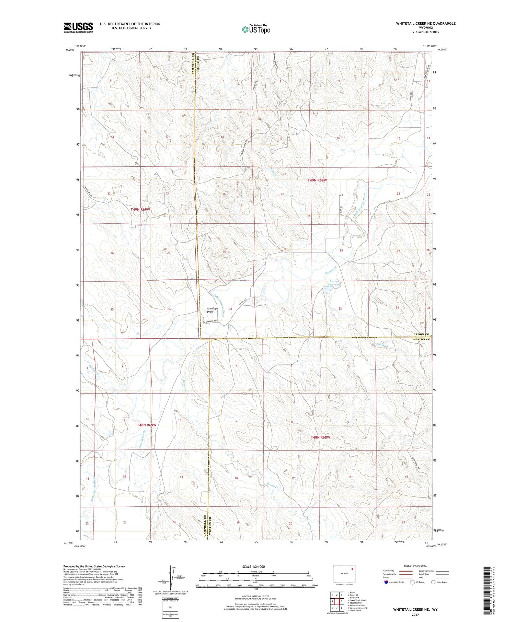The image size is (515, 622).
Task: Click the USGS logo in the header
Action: click(x=78, y=27)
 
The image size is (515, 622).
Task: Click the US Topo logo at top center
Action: click(x=256, y=30)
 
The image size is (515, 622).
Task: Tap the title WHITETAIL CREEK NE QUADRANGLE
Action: click(x=426, y=23)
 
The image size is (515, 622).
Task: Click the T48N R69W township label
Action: click(x=147, y=425)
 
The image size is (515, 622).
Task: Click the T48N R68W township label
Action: click(x=320, y=437)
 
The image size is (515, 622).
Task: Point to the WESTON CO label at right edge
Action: click(x=421, y=339)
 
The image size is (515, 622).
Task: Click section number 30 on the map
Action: click(x=224, y=252)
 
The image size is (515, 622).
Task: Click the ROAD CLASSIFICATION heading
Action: click(x=415, y=566)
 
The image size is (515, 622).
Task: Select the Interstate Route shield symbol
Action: click(x=386, y=582)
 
